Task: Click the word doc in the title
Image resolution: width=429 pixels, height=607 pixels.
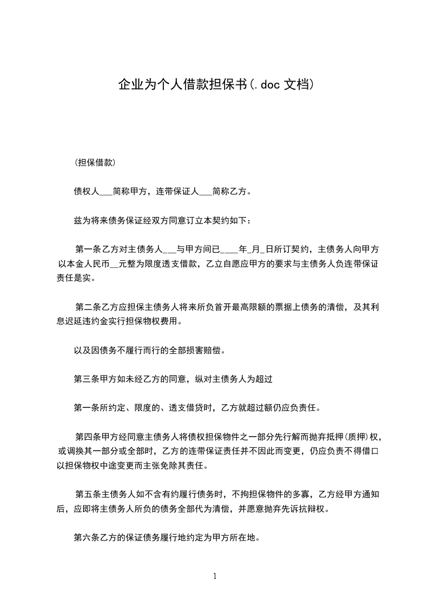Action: [268, 85]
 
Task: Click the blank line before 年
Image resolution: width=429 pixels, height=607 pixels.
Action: [230, 249]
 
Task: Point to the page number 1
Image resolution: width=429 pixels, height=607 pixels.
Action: [215, 577]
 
